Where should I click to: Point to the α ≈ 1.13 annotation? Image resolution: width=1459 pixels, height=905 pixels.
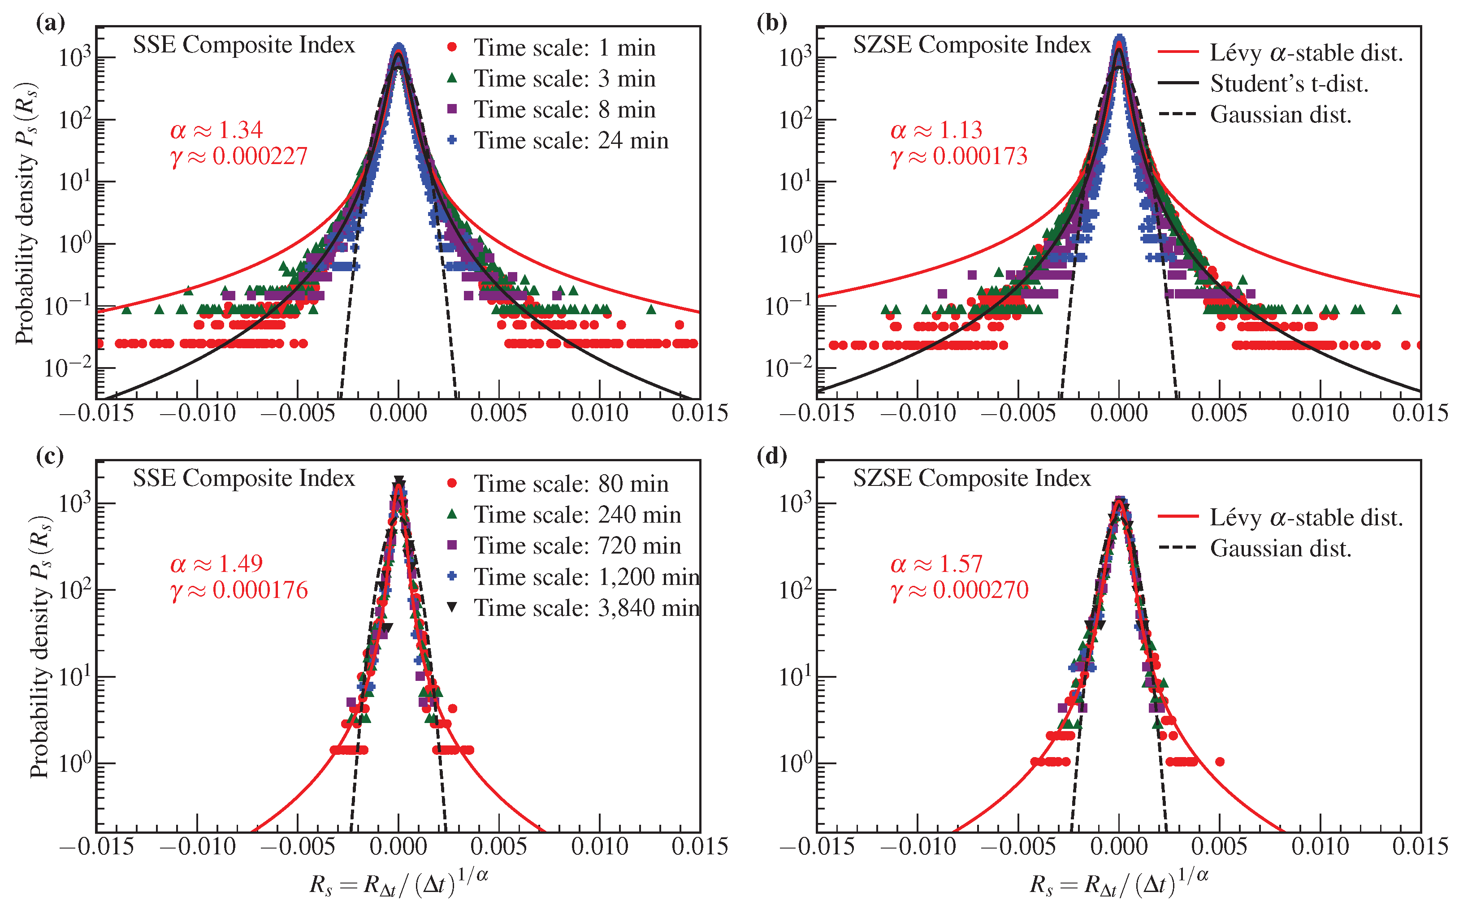(936, 130)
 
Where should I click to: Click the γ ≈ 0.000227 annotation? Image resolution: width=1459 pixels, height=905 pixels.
(239, 157)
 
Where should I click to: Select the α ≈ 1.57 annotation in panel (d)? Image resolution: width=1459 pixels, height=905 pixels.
(936, 564)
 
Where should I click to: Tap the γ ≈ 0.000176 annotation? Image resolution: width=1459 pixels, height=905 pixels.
(239, 591)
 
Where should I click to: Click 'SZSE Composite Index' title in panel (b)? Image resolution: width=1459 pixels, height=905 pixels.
(971, 45)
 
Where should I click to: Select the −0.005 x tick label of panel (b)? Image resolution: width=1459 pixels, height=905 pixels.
(1018, 413)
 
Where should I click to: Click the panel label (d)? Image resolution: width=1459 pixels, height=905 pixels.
(771, 457)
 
